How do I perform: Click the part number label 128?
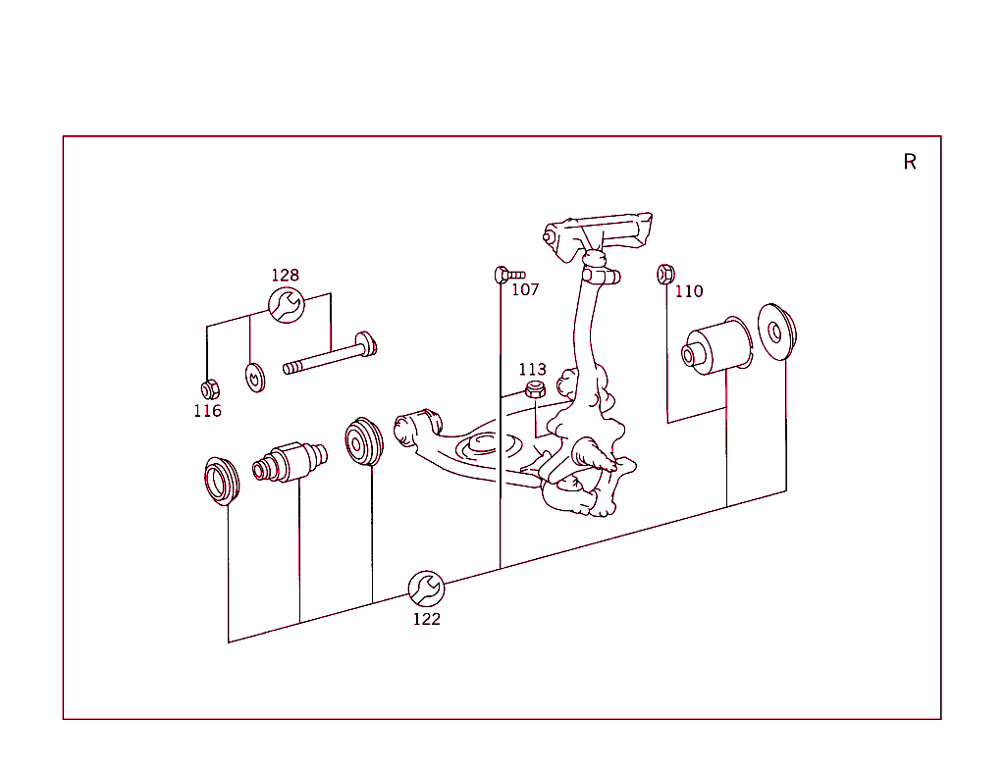click(286, 275)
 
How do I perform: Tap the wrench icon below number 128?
click(287, 305)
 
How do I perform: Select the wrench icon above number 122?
click(426, 589)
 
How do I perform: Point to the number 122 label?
click(427, 619)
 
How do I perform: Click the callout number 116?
click(208, 411)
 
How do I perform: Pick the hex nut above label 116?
click(210, 389)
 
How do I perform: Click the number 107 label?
click(525, 289)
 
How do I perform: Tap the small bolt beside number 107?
click(509, 275)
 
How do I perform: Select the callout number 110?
click(689, 291)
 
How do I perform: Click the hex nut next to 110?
click(666, 275)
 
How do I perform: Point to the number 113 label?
click(533, 370)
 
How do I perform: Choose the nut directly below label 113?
click(535, 388)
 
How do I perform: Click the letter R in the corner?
click(910, 162)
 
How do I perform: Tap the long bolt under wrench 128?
click(330, 353)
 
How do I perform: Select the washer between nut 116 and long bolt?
click(255, 378)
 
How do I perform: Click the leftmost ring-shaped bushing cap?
click(222, 481)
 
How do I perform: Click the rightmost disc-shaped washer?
click(777, 332)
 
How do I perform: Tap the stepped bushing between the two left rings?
click(290, 461)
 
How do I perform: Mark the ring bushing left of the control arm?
click(364, 441)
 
